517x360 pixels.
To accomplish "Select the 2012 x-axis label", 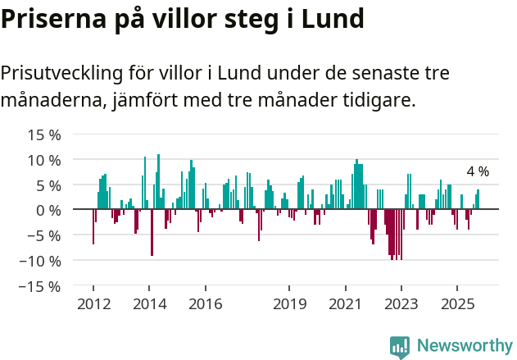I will click(93, 305).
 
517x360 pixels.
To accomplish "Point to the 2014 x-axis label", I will click(149, 305).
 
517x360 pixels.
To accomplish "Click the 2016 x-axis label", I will click(205, 305).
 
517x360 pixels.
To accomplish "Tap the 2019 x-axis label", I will click(289, 305).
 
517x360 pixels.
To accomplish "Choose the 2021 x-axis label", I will click(345, 305).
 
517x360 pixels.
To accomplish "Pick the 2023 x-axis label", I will click(401, 305).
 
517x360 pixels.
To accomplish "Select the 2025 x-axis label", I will click(457, 305).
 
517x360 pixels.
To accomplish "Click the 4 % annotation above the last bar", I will click(478, 172).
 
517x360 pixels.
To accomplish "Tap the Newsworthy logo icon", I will click(400, 346).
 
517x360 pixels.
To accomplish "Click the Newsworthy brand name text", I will click(465, 346).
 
